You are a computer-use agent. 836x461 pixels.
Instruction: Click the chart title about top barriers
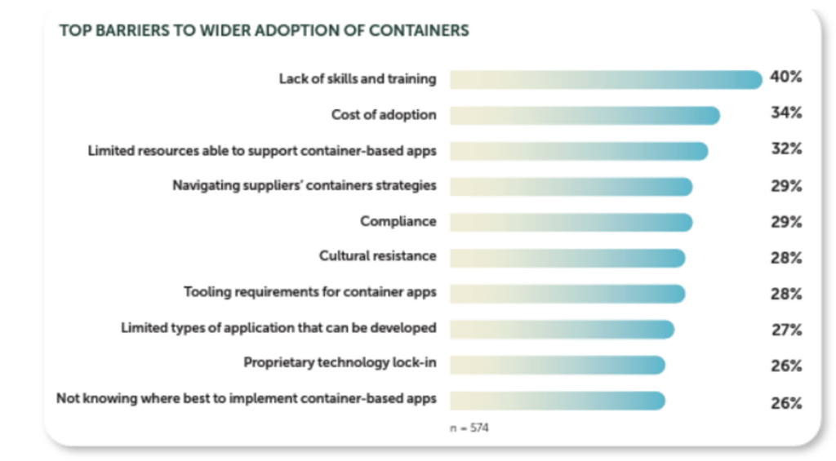[x=264, y=31]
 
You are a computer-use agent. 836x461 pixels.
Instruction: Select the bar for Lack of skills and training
[x=605, y=79]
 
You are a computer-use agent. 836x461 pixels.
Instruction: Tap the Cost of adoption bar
[x=584, y=115]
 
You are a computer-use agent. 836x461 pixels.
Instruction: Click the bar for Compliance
[x=570, y=222]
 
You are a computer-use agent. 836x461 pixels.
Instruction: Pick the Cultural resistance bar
[x=567, y=257]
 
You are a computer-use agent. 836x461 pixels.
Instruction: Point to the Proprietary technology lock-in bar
[x=557, y=364]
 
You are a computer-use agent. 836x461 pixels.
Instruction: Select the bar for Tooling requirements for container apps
[x=567, y=293]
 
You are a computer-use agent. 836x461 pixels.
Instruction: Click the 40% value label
[x=786, y=78]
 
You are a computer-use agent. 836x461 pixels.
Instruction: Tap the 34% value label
[x=786, y=113]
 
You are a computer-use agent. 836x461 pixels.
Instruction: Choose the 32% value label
[x=786, y=149]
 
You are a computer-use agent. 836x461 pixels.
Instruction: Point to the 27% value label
[x=786, y=330]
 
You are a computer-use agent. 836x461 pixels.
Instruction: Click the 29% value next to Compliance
[x=786, y=222]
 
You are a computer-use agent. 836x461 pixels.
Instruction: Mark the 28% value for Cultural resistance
[x=786, y=258]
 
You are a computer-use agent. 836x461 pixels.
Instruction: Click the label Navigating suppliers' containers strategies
[x=304, y=185]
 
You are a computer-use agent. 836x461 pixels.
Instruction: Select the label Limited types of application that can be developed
[x=278, y=328]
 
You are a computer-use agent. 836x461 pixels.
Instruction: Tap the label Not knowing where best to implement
[x=246, y=399]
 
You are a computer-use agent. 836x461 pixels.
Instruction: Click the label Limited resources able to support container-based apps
[x=261, y=150]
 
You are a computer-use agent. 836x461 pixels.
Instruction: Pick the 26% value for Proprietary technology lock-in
[x=786, y=366]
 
